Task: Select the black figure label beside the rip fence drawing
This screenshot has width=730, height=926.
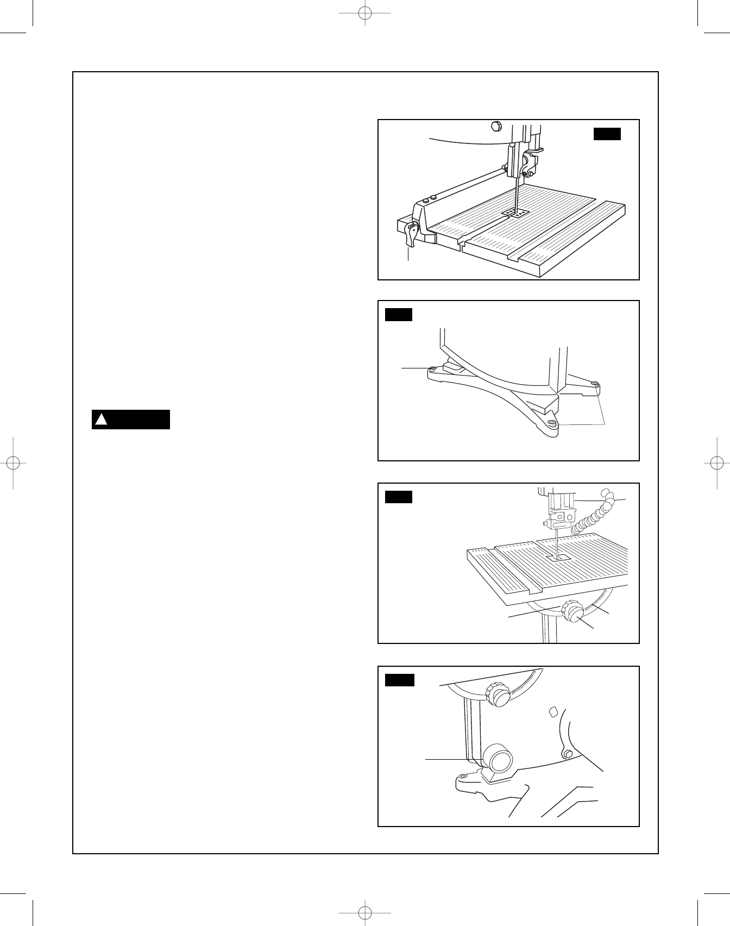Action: (x=607, y=134)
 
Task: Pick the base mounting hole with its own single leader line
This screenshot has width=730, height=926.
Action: (x=433, y=370)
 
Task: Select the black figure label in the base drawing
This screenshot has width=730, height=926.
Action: (x=399, y=315)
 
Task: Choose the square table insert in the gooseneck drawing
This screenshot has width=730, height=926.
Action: (x=558, y=558)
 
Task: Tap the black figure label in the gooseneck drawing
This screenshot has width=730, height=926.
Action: (x=399, y=497)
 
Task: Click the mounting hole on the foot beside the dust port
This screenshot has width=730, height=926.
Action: (x=462, y=776)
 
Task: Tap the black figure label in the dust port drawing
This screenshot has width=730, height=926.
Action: (x=400, y=680)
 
